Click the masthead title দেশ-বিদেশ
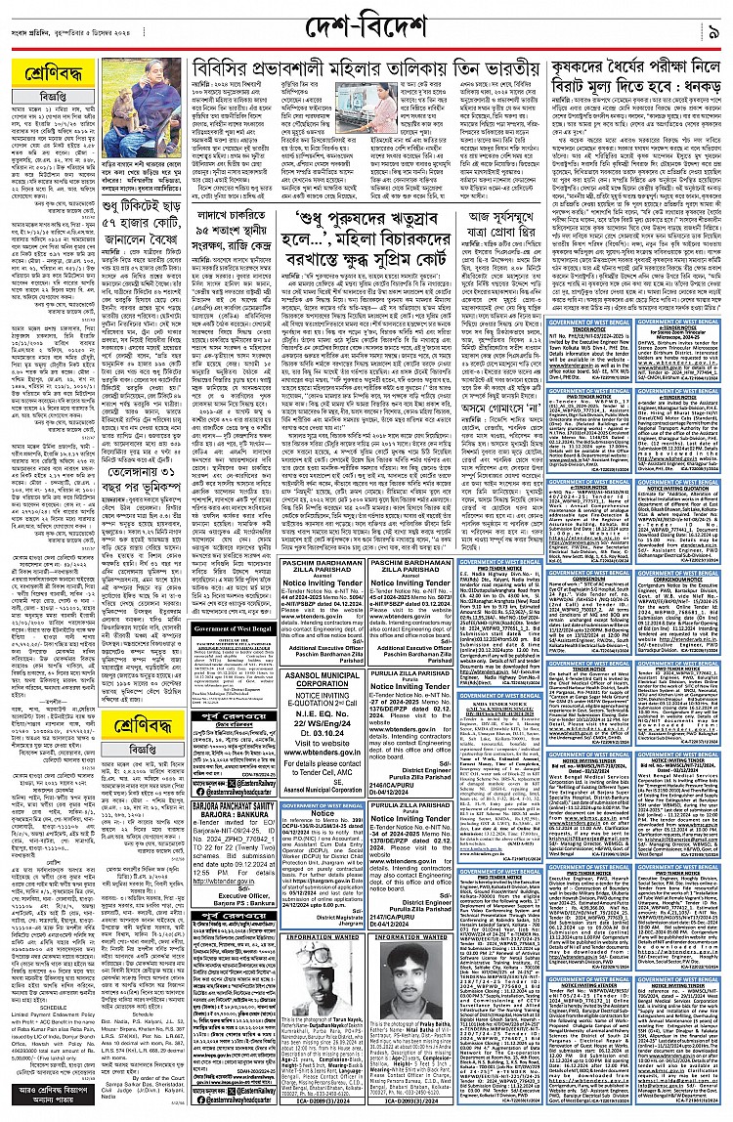tap(366, 23)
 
